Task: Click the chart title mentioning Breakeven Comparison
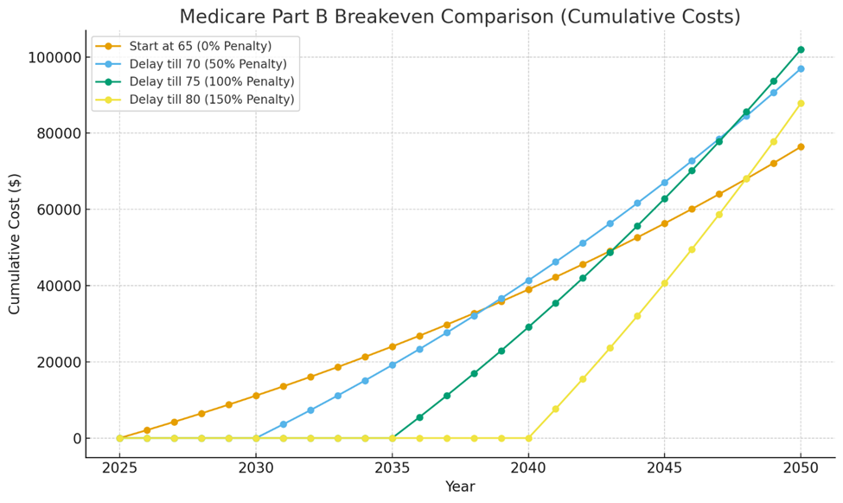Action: (459, 16)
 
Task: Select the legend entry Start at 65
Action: (199, 46)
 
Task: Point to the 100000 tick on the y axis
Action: (54, 57)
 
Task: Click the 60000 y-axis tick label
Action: (58, 210)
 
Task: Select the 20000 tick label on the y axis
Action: (58, 362)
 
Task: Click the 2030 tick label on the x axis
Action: (256, 468)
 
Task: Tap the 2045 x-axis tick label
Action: (664, 468)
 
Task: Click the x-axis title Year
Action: (459, 487)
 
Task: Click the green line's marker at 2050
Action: (801, 49)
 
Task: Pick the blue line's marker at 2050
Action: (801, 68)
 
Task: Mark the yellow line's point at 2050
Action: (801, 103)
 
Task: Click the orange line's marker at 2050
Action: (801, 146)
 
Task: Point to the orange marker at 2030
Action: (256, 396)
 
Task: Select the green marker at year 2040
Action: (528, 327)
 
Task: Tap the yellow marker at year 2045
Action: (664, 283)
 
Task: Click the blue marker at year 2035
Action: (392, 364)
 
